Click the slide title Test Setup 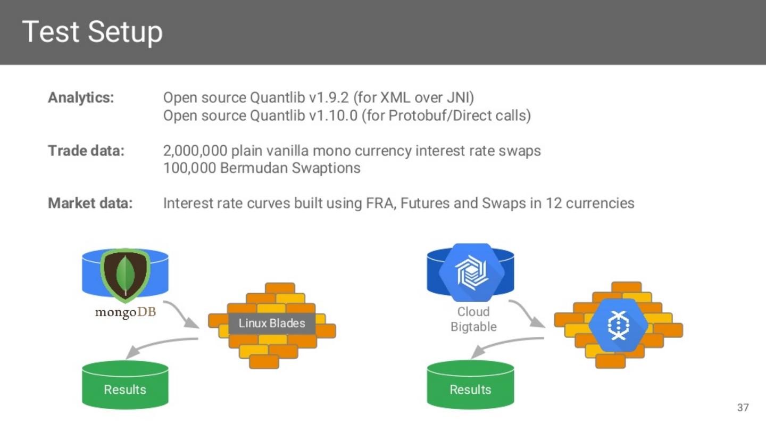[x=92, y=32]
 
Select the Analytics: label [x=81, y=98]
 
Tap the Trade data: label [x=86, y=151]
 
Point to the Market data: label [x=90, y=203]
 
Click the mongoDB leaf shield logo [x=126, y=274]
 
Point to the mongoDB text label [x=126, y=312]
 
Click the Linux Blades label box [x=272, y=324]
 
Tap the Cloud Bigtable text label [x=473, y=319]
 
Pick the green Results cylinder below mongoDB [x=125, y=385]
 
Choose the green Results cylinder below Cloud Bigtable [x=471, y=385]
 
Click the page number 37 [x=743, y=408]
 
